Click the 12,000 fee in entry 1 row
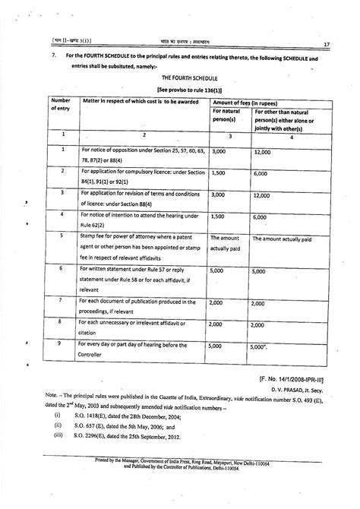pyautogui.click(x=262, y=153)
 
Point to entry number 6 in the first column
pyautogui.click(x=62, y=269)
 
